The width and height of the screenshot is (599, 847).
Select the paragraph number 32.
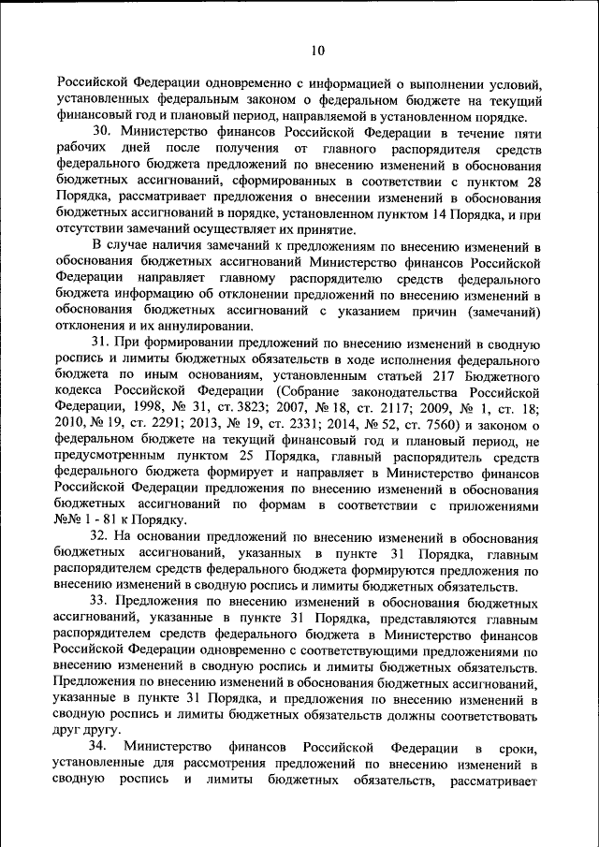coord(99,537)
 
